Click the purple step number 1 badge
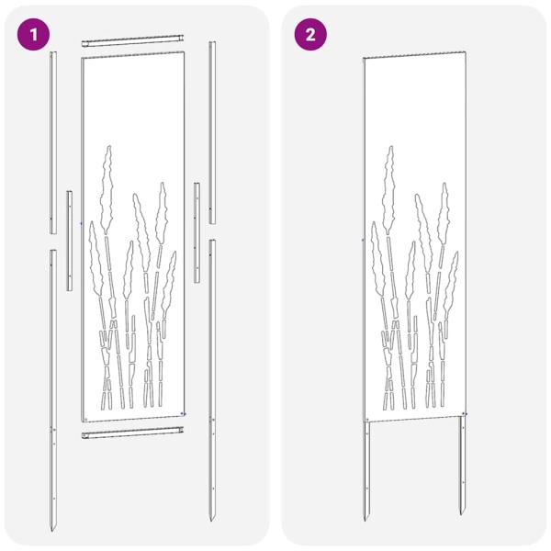coord(35,35)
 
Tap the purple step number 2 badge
coord(310,35)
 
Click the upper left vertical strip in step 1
coord(53,142)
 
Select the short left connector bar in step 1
coord(69,241)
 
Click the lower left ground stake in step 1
coord(54,386)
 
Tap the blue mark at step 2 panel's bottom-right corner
coord(465,414)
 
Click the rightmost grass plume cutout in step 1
coord(170,275)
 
